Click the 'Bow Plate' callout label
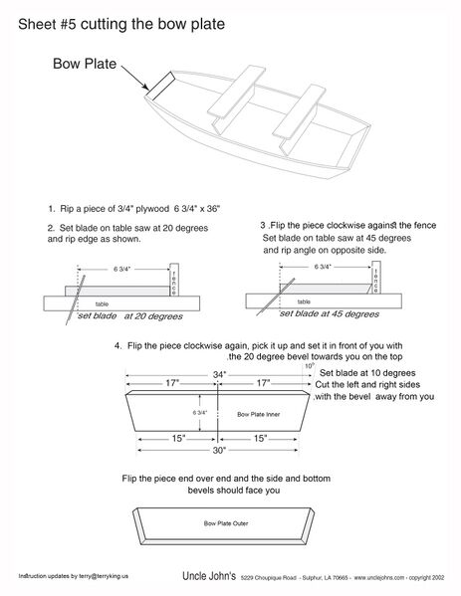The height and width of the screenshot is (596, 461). [85, 64]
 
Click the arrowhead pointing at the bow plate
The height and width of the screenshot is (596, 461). [145, 87]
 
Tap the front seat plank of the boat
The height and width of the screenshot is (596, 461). [236, 91]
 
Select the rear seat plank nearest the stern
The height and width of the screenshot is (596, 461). [299, 110]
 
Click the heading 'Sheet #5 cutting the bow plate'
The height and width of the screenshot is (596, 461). [121, 24]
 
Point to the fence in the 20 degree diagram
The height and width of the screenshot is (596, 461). [174, 280]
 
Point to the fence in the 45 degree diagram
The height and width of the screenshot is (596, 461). [375, 277]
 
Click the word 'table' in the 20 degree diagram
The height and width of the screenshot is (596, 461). [102, 304]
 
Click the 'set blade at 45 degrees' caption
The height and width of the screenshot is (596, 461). [330, 314]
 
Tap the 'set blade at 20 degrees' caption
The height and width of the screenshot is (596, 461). [130, 316]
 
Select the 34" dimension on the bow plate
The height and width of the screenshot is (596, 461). [219, 375]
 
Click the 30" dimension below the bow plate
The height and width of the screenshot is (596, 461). [219, 451]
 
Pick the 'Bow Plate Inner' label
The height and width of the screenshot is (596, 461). [259, 414]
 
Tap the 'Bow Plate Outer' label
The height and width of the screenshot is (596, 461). [226, 523]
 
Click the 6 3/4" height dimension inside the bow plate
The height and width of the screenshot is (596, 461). [200, 412]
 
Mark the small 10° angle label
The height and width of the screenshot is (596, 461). [310, 366]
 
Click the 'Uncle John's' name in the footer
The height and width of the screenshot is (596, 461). [209, 576]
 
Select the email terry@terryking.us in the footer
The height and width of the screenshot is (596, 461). [104, 576]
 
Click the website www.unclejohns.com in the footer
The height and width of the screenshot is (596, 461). [379, 578]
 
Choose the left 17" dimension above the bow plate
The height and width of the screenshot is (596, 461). [172, 383]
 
